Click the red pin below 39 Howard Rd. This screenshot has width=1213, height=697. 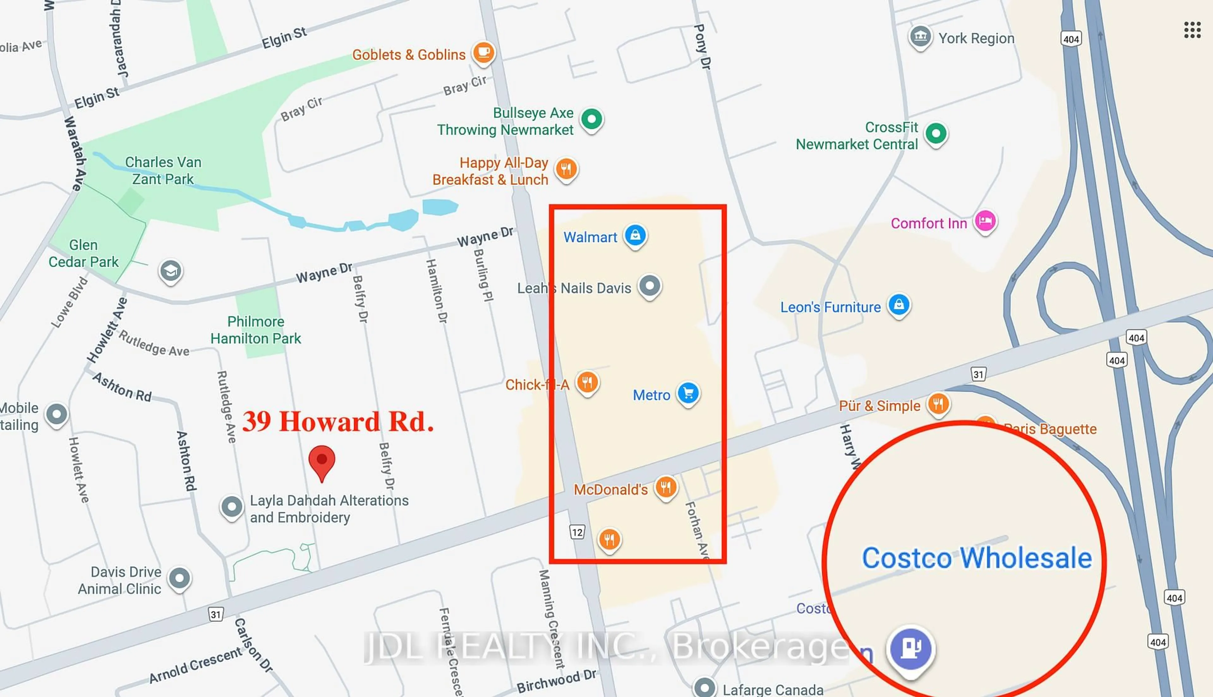[322, 461]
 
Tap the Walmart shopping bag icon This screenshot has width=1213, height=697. [635, 235]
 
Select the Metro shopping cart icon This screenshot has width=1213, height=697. [688, 393]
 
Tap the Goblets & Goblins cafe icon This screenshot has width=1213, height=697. [483, 52]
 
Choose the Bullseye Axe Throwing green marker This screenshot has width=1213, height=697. [591, 119]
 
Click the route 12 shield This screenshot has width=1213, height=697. [577, 532]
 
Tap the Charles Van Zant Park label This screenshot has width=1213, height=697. [163, 170]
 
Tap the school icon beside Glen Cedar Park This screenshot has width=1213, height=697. [170, 271]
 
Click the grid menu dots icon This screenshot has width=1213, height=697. [1192, 30]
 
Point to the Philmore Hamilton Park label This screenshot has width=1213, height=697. [256, 330]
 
